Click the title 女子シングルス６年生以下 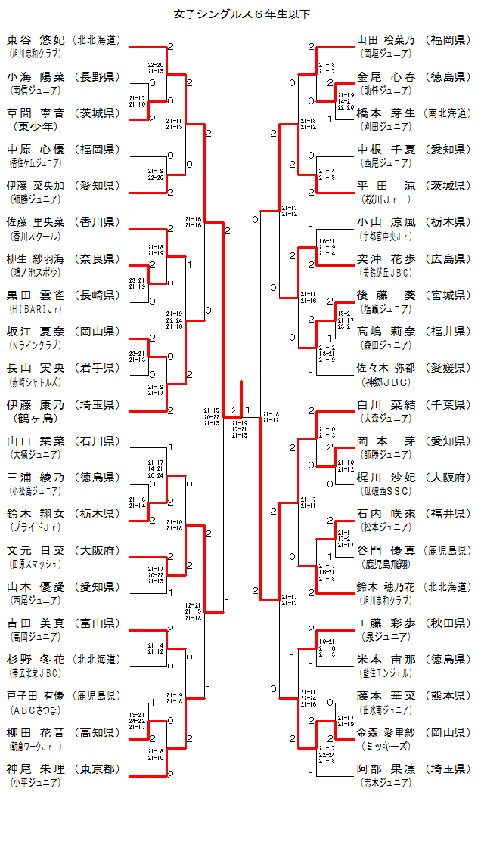(242, 14)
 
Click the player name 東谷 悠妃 (36, 39)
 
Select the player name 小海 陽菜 (36, 76)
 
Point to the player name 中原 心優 (36, 149)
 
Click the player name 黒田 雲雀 (36, 295)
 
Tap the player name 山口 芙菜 (36, 441)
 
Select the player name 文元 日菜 (36, 550)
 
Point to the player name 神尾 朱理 (36, 768)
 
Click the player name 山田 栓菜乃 (386, 39)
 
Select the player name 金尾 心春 (386, 76)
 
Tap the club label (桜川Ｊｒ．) (386, 199)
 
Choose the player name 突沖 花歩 (386, 258)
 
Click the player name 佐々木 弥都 (386, 368)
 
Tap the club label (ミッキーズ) (386, 747)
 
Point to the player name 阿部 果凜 (386, 768)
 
